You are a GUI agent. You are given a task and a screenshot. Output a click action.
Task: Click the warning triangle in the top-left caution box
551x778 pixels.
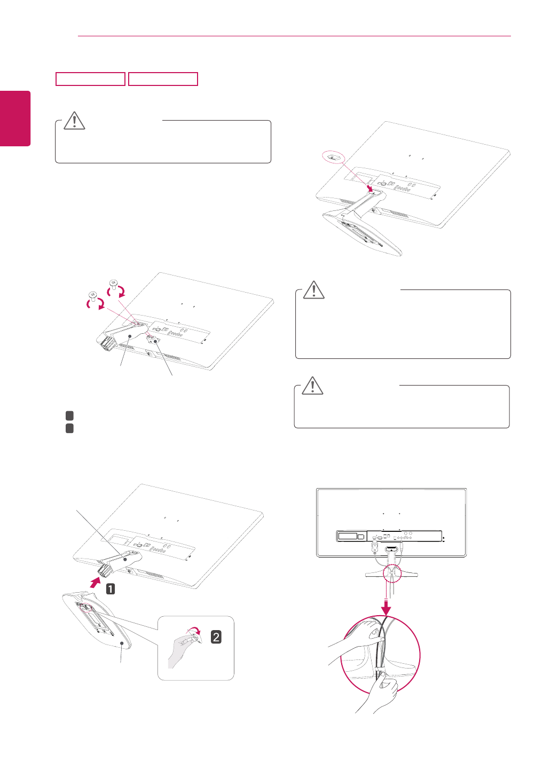tap(74, 121)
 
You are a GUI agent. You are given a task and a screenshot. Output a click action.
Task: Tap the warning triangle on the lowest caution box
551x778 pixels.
tap(312, 386)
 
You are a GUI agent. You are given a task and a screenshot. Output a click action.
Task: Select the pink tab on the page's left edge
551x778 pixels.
tap(15, 119)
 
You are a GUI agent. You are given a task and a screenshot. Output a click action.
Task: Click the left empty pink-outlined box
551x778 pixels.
tap(90, 79)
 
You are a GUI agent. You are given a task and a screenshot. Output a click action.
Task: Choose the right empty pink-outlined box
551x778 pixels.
tap(163, 79)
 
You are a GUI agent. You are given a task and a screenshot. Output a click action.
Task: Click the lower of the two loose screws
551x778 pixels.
tap(93, 296)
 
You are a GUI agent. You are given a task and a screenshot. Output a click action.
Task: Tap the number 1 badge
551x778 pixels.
tap(111, 589)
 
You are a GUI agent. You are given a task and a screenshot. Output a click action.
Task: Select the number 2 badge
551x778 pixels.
tap(216, 637)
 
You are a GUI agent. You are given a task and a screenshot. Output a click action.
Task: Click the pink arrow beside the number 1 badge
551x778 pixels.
tap(96, 583)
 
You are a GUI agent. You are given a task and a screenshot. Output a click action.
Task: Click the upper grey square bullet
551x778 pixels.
tap(69, 415)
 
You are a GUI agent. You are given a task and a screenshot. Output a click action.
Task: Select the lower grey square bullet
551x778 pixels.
tap(69, 428)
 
